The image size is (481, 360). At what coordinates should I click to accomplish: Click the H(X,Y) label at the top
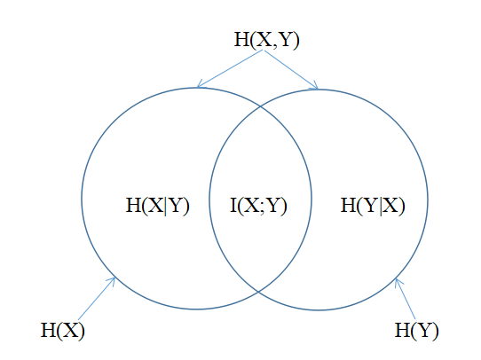pos(266,40)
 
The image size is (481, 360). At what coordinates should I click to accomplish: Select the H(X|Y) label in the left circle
pos(158,206)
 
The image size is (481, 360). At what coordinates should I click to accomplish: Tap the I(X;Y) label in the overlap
pos(258,206)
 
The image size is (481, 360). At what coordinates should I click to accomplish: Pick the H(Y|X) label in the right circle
pos(373,206)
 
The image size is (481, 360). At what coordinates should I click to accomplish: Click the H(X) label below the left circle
pos(63,331)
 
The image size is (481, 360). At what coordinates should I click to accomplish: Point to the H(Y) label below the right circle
pos(416,331)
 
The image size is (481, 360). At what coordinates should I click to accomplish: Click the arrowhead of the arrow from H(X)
pos(113,280)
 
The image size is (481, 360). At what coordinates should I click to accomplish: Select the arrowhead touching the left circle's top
pos(200,84)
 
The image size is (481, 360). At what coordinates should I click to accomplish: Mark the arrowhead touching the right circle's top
pos(315,85)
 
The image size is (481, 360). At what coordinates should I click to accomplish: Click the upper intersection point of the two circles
pos(260,106)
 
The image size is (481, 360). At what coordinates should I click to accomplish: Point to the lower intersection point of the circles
pos(258,292)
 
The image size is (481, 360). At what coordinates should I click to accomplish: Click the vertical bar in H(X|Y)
pos(166,207)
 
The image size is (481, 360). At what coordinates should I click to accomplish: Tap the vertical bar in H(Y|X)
pos(382,207)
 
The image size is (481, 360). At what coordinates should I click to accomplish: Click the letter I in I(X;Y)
pos(233,205)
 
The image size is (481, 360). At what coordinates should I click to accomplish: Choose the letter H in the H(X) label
pos(48,330)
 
